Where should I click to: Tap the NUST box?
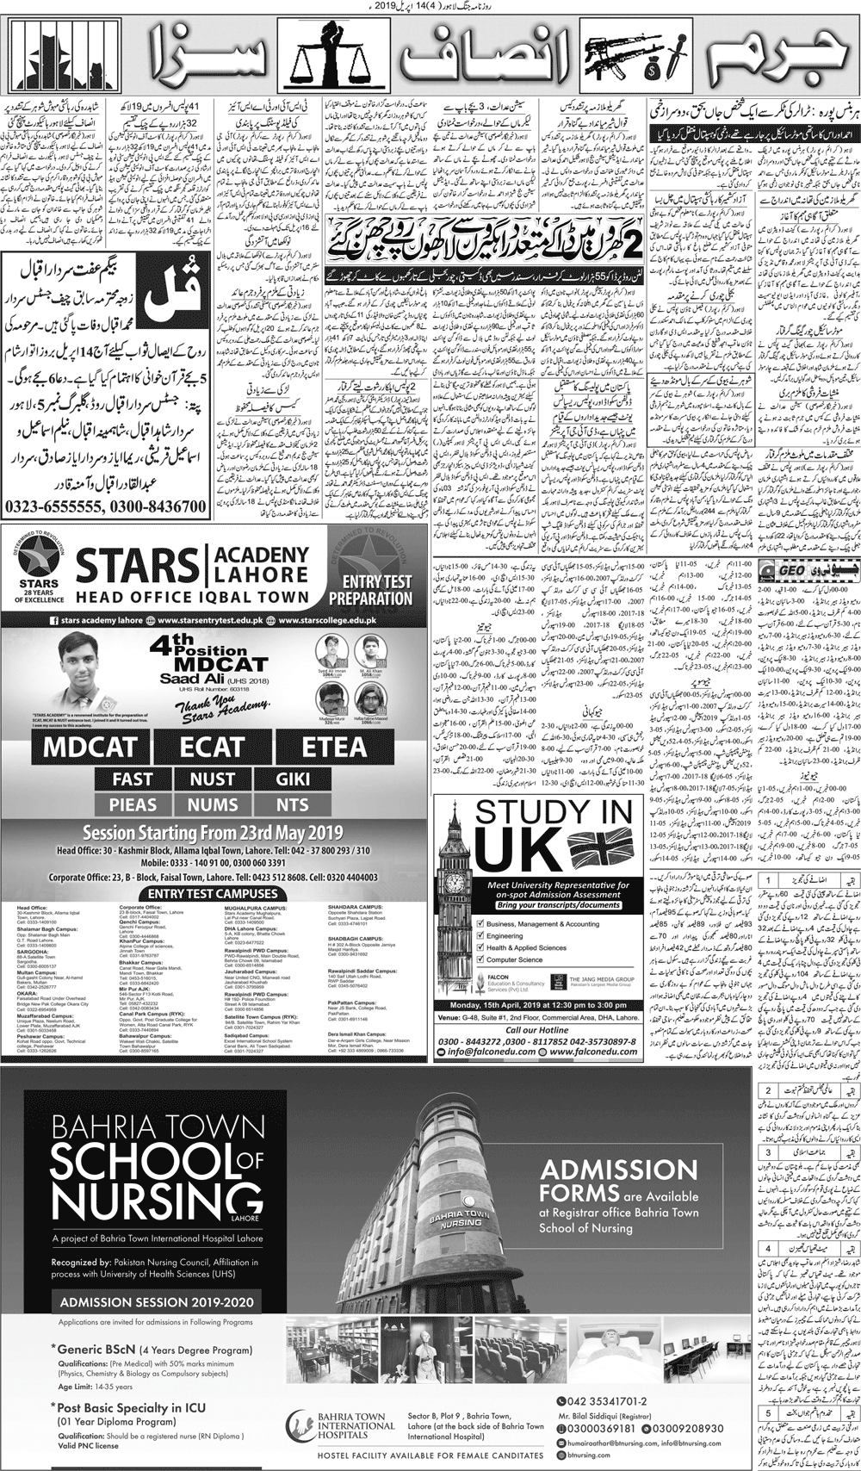pyautogui.click(x=213, y=779)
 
